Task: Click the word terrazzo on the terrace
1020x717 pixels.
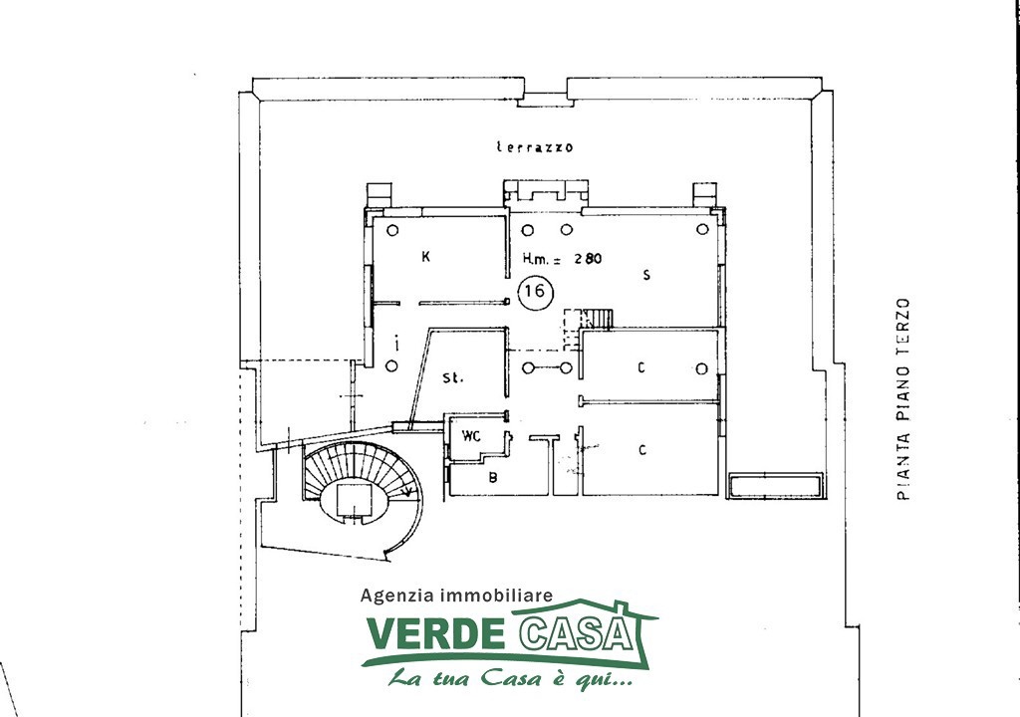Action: pyautogui.click(x=535, y=147)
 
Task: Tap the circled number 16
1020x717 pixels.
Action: pyautogui.click(x=535, y=291)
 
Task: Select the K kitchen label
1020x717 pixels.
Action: pyautogui.click(x=425, y=256)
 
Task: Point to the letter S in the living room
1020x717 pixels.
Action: pyautogui.click(x=645, y=275)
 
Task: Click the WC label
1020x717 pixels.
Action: pyautogui.click(x=471, y=436)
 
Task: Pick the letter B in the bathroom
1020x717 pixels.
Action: pyautogui.click(x=493, y=478)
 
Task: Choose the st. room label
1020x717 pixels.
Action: pyautogui.click(x=453, y=377)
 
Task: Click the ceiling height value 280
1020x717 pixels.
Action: pyautogui.click(x=587, y=258)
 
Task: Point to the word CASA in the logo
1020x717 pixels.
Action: pyautogui.click(x=578, y=631)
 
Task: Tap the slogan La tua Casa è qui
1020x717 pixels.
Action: pyautogui.click(x=510, y=679)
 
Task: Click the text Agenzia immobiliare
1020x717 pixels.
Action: pyautogui.click(x=456, y=595)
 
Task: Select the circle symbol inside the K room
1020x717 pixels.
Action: pyautogui.click(x=391, y=230)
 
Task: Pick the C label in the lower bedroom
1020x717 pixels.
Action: pyautogui.click(x=642, y=449)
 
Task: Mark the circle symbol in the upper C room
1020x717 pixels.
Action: pyautogui.click(x=702, y=368)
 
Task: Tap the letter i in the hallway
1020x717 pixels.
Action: pyautogui.click(x=396, y=343)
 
